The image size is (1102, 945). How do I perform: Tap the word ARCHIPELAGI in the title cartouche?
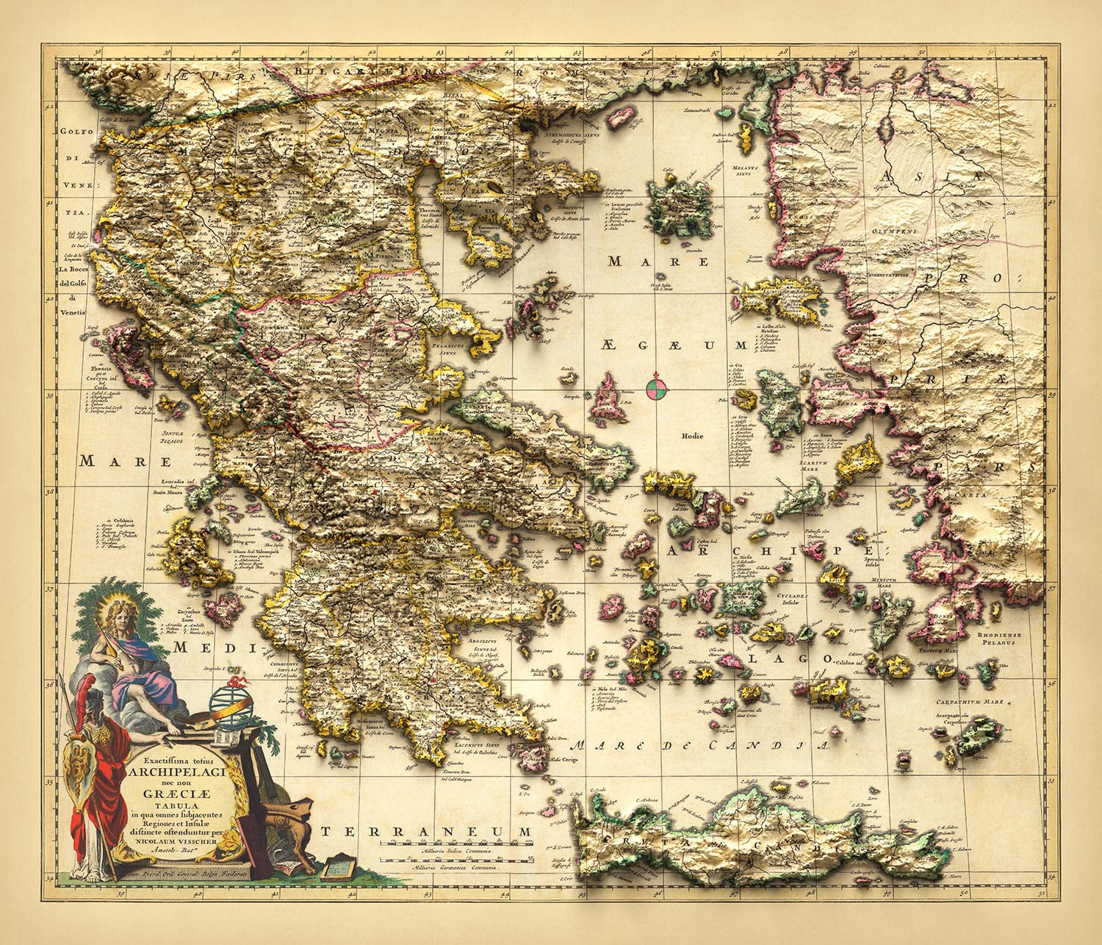(175, 772)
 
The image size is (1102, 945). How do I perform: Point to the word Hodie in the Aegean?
(692, 436)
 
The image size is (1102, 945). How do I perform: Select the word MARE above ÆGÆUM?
(658, 262)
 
